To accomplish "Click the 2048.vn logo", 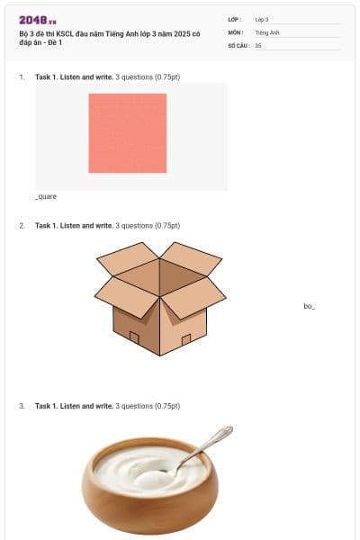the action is [38, 21].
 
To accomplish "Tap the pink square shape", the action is [128, 133].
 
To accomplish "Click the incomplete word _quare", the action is [46, 196].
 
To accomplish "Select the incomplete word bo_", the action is [310, 306].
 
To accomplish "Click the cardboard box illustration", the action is [160, 299].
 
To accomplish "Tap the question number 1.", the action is [22, 77].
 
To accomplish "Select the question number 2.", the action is [22, 226].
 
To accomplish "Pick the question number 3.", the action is [22, 406].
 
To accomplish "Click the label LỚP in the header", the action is [235, 20].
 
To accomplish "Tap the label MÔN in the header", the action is [236, 32].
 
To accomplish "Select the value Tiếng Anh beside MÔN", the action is [267, 32].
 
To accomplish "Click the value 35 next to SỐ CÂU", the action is [258, 46].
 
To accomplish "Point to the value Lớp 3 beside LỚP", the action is [262, 20].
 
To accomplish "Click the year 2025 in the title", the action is [182, 34].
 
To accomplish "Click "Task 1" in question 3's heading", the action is [46, 406].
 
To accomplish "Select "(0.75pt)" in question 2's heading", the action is [167, 226].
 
